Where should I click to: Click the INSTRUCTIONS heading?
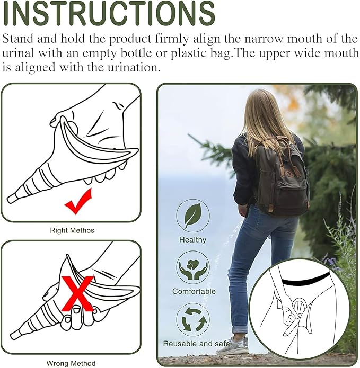click(109, 14)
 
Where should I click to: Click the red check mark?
click(77, 202)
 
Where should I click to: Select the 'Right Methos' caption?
click(72, 230)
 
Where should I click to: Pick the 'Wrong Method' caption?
click(71, 363)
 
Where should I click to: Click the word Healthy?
click(193, 239)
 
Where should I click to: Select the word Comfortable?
click(194, 291)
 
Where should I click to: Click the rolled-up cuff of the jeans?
click(240, 329)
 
